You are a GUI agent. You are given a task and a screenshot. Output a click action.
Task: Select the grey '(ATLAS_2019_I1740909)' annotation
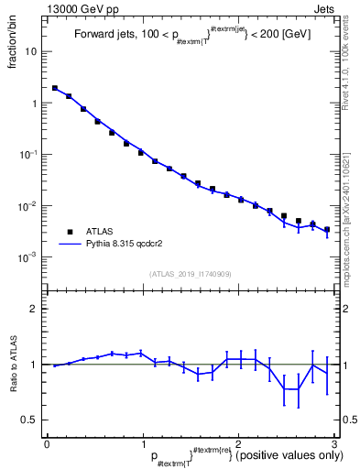coord(191,274)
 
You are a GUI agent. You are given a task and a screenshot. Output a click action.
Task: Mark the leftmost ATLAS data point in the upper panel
coord(55,89)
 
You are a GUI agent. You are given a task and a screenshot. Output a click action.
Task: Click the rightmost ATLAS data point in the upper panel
coord(327,230)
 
